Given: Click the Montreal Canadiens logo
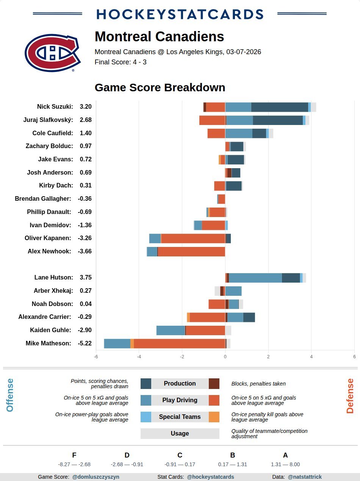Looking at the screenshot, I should point(52,53).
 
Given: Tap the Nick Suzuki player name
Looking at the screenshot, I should point(55,107).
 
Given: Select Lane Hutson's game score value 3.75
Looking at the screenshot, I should point(86,278).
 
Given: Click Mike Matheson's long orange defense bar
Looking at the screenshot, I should point(179,344).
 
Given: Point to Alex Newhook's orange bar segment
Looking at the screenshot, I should point(191,251).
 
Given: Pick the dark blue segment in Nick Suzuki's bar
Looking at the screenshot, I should point(279,107).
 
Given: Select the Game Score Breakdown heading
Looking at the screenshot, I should point(160,87).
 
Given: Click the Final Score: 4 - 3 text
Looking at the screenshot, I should point(121,62).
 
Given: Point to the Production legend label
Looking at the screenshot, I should point(180,384).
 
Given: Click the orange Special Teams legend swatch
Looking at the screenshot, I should point(214,417).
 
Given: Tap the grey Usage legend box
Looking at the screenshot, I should point(180,434).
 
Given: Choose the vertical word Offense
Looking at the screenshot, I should point(10,395).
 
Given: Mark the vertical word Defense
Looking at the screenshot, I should point(350,396).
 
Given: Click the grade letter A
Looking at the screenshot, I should point(285,455).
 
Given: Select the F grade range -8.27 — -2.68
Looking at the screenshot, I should point(74,464).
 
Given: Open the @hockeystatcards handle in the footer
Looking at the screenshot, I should point(210,477).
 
